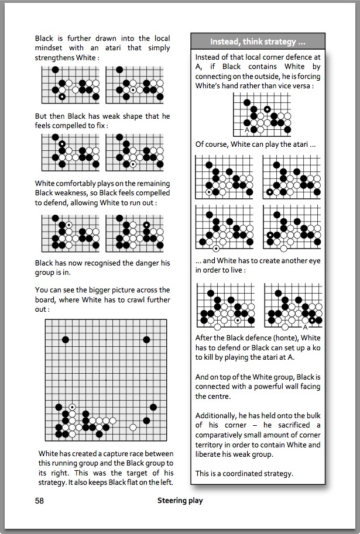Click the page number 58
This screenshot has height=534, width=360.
coord(39,500)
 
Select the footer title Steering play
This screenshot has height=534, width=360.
coord(180,500)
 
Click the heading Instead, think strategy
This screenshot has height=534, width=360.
coord(258,42)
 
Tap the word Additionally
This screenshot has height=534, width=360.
coord(218,415)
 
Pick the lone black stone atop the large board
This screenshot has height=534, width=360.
coord(66,339)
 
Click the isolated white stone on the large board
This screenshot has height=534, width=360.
coord(133,428)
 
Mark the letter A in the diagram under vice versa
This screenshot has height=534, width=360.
coord(246,130)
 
